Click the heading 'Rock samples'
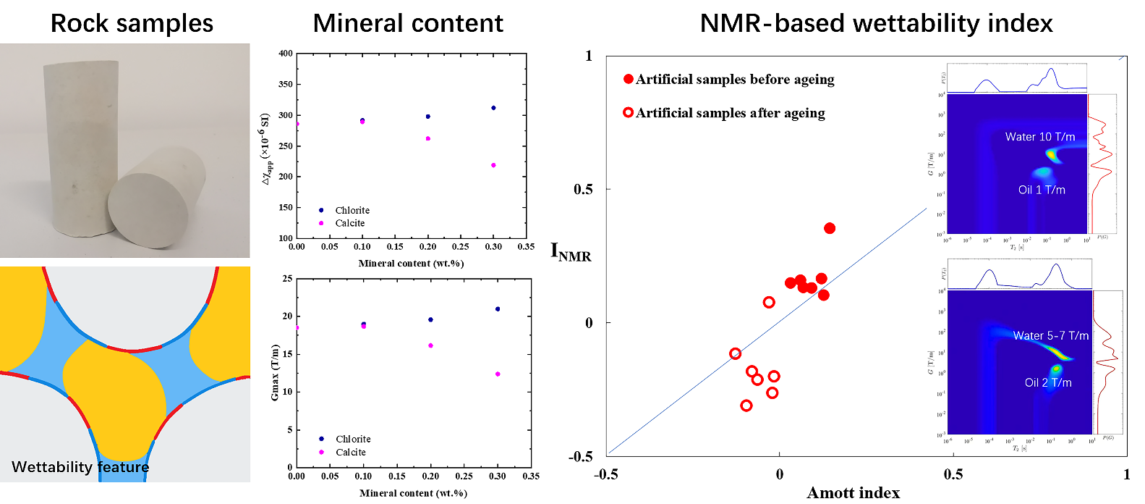click(x=132, y=23)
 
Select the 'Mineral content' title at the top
click(x=408, y=23)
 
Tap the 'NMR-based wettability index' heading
click(x=876, y=23)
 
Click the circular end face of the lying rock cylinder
click(x=148, y=210)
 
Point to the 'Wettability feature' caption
click(x=80, y=467)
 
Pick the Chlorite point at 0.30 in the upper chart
click(x=493, y=108)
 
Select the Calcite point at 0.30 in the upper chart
click(x=493, y=165)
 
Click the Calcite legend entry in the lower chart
click(x=350, y=452)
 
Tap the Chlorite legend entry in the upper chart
click(x=352, y=210)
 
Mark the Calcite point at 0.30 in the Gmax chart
click(x=498, y=374)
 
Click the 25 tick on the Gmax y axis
click(x=287, y=279)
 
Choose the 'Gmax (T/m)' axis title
click(x=275, y=372)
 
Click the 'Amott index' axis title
click(x=853, y=493)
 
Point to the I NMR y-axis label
click(x=571, y=252)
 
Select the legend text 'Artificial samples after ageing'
click(x=730, y=113)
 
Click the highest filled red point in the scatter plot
click(x=830, y=228)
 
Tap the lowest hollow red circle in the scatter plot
click(x=746, y=406)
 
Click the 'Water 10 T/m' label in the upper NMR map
click(x=1039, y=137)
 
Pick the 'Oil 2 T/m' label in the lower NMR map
click(x=1048, y=382)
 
